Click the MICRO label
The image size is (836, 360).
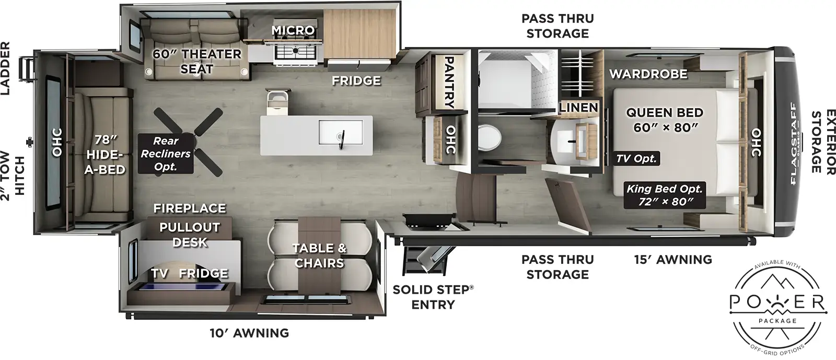(293, 31)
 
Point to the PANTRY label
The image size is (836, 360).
(448, 83)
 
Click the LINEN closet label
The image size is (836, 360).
(578, 108)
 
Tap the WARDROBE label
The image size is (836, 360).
(648, 74)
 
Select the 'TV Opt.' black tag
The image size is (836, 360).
(636, 158)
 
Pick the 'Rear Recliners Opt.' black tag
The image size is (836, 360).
(165, 154)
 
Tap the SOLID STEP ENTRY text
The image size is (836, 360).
(433, 297)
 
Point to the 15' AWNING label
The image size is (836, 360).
(673, 259)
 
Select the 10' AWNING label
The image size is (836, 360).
(250, 333)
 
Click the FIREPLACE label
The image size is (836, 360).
(189, 208)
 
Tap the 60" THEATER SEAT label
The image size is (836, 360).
(196, 61)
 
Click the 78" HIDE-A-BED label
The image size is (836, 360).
(104, 155)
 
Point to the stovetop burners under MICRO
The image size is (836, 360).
(294, 51)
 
